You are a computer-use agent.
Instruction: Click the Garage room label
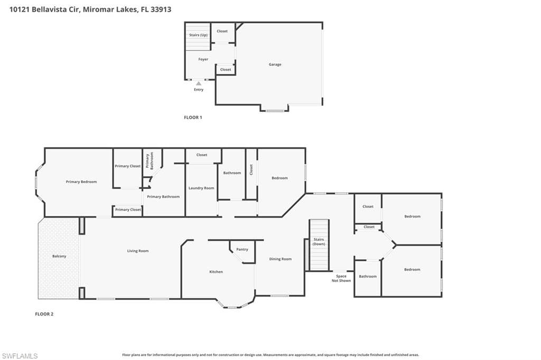click(x=275, y=64)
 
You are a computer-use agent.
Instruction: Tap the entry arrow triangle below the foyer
click(x=199, y=83)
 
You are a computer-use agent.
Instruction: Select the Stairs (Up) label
click(x=199, y=35)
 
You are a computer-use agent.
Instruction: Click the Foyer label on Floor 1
click(x=203, y=59)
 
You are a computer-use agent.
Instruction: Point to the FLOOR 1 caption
click(x=193, y=118)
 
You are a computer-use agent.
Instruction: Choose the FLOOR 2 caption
click(x=44, y=314)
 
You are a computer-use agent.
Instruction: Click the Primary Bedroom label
click(x=81, y=182)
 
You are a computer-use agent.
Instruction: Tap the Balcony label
click(x=59, y=256)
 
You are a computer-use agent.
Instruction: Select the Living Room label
click(x=138, y=251)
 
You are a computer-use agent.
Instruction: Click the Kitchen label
click(x=216, y=272)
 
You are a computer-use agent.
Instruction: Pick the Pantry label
click(x=242, y=249)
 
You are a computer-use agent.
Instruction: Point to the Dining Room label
click(x=281, y=259)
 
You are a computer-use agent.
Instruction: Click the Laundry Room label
click(x=201, y=188)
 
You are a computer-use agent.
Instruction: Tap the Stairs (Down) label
click(x=319, y=242)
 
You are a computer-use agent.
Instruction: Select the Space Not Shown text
click(x=341, y=278)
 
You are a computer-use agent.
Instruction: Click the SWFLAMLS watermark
click(x=20, y=356)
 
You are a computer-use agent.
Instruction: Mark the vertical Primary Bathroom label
click(x=150, y=160)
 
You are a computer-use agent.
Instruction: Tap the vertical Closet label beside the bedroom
click(x=251, y=169)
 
